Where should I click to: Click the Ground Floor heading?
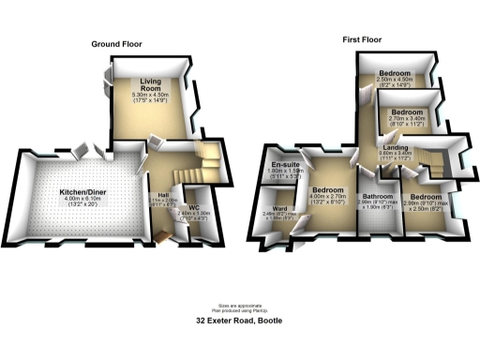117,44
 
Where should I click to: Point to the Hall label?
163,195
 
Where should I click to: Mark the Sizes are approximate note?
239,304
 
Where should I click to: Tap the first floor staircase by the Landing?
433,160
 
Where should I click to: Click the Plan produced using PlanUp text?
239,309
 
